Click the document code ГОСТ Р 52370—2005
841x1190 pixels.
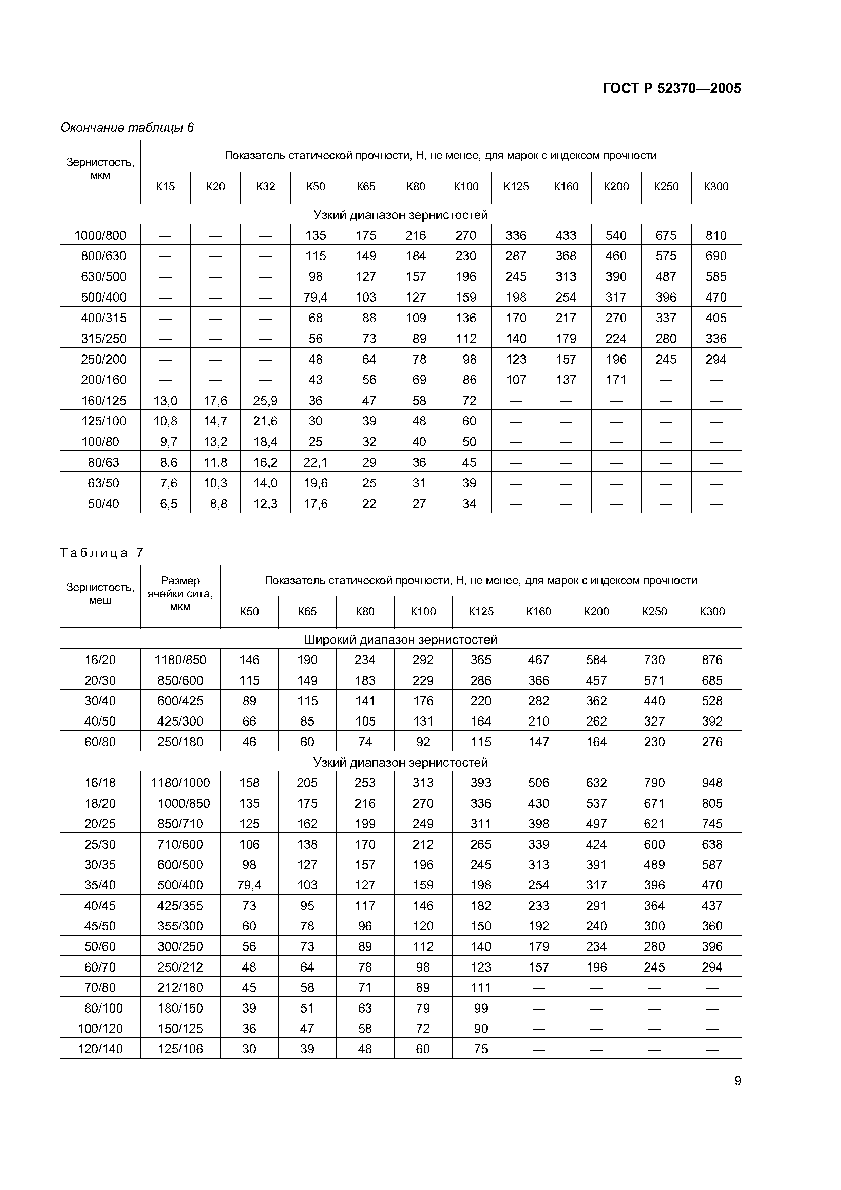pyautogui.click(x=672, y=89)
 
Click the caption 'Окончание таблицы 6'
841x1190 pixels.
pyautogui.click(x=127, y=128)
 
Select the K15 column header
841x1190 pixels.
pyautogui.click(x=165, y=187)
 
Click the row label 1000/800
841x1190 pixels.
pyautogui.click(x=100, y=235)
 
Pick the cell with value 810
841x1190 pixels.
pyautogui.click(x=716, y=235)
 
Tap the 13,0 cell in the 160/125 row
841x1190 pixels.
pyautogui.click(x=165, y=400)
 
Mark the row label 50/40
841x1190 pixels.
pyautogui.click(x=103, y=503)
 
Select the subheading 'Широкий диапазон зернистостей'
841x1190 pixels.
pyautogui.click(x=401, y=639)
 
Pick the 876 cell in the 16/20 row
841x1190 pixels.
pyautogui.click(x=712, y=660)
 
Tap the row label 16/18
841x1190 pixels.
pyautogui.click(x=100, y=783)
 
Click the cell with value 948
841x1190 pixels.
pyautogui.click(x=712, y=783)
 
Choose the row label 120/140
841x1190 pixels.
pyautogui.click(x=100, y=1049)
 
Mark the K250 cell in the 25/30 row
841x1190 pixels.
pyautogui.click(x=654, y=844)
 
